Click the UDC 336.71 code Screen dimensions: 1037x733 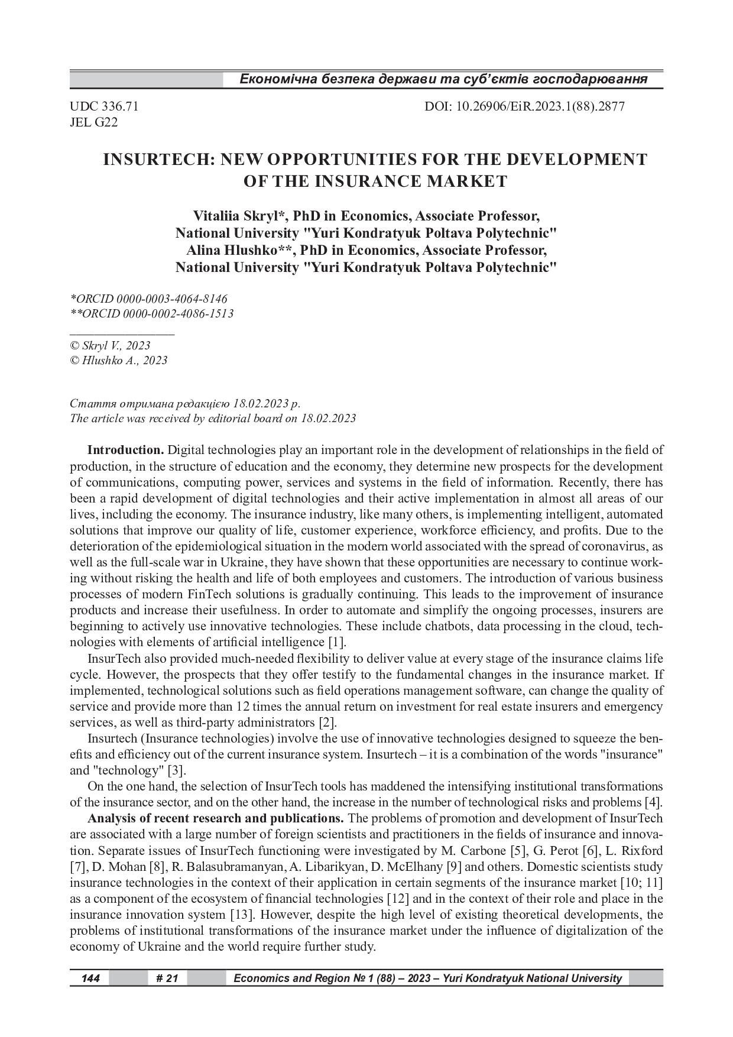(x=104, y=106)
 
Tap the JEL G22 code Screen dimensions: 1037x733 (x=93, y=122)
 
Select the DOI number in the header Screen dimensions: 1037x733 (x=524, y=106)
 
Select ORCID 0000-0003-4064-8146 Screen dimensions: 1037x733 (x=148, y=299)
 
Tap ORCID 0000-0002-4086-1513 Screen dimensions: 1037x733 (x=151, y=314)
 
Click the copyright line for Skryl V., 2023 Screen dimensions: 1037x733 (x=110, y=345)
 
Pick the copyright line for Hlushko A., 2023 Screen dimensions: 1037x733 (x=118, y=360)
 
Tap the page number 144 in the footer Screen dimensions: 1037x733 (x=90, y=978)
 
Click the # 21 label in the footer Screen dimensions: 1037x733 (x=167, y=978)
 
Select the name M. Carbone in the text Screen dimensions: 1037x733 (x=474, y=851)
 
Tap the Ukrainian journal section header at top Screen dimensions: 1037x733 (x=443, y=79)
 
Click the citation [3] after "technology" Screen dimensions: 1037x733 (x=177, y=770)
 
